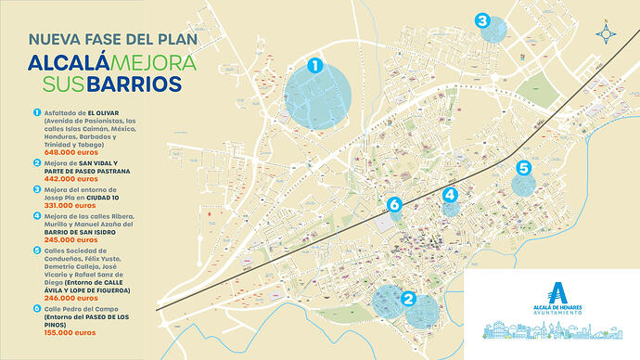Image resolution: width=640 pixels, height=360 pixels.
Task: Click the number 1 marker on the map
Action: coord(315,66)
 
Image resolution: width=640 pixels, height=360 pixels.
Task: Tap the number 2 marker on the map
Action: coord(408,298)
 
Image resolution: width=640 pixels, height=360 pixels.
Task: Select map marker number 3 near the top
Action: coord(481,19)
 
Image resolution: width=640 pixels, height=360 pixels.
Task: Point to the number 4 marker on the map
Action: coord(450,194)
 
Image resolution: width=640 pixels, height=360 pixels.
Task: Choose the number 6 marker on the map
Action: coord(394,204)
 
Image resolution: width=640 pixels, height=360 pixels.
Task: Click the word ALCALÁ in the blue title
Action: coord(69,63)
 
